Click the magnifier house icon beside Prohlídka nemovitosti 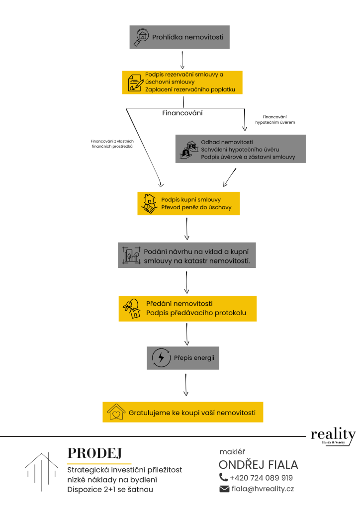pos(141,37)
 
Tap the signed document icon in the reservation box pos(136,83)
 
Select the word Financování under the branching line pos(182,113)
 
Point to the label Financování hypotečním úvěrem pos(275,119)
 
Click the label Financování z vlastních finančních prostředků pos(112,144)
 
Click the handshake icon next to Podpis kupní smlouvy pos(149,204)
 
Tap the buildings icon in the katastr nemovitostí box pos(131,255)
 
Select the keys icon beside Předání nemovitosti pos(132,308)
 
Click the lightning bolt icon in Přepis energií pos(161,358)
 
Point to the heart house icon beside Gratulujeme pos(116,412)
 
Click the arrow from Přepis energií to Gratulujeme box pos(185,385)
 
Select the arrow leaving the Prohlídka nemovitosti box pos(182,60)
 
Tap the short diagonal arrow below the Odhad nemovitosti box pos(230,177)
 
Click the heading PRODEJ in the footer pos(94,453)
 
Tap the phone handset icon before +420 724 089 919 pos(223,477)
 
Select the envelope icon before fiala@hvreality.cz pos(224,489)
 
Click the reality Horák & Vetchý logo pos(333,436)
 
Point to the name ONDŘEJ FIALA pos(259,465)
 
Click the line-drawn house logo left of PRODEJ pos(42,471)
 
